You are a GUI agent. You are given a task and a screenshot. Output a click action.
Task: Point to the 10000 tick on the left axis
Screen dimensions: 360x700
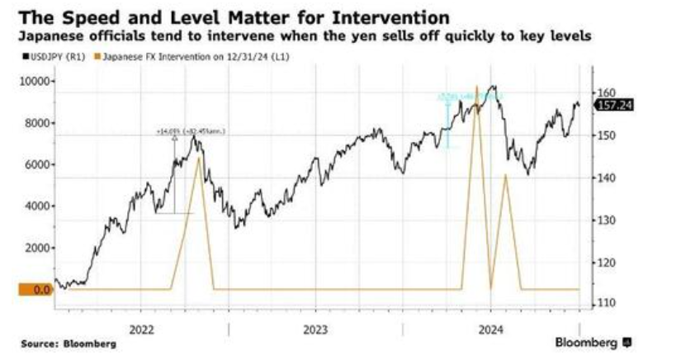tap(35, 81)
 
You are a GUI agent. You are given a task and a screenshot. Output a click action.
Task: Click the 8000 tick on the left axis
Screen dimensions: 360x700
tap(38, 123)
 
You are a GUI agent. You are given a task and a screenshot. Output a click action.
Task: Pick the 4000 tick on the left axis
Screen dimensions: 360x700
tap(38, 206)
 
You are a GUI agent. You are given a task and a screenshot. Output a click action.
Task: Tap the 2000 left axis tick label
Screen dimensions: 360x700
tap(38, 248)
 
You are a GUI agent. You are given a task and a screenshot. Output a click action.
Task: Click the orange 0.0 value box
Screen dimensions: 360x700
tap(27, 289)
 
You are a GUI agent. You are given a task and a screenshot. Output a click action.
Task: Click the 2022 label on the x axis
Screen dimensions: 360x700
tap(142, 328)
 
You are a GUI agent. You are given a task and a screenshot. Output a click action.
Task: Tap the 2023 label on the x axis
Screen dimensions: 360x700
tap(315, 328)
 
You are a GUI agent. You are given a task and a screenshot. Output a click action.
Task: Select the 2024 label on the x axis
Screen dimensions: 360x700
tap(490, 328)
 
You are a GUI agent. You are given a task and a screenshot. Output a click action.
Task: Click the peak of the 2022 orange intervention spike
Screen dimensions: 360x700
tap(198, 158)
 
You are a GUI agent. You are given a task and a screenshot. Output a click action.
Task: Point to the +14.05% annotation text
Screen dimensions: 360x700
tap(191, 131)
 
